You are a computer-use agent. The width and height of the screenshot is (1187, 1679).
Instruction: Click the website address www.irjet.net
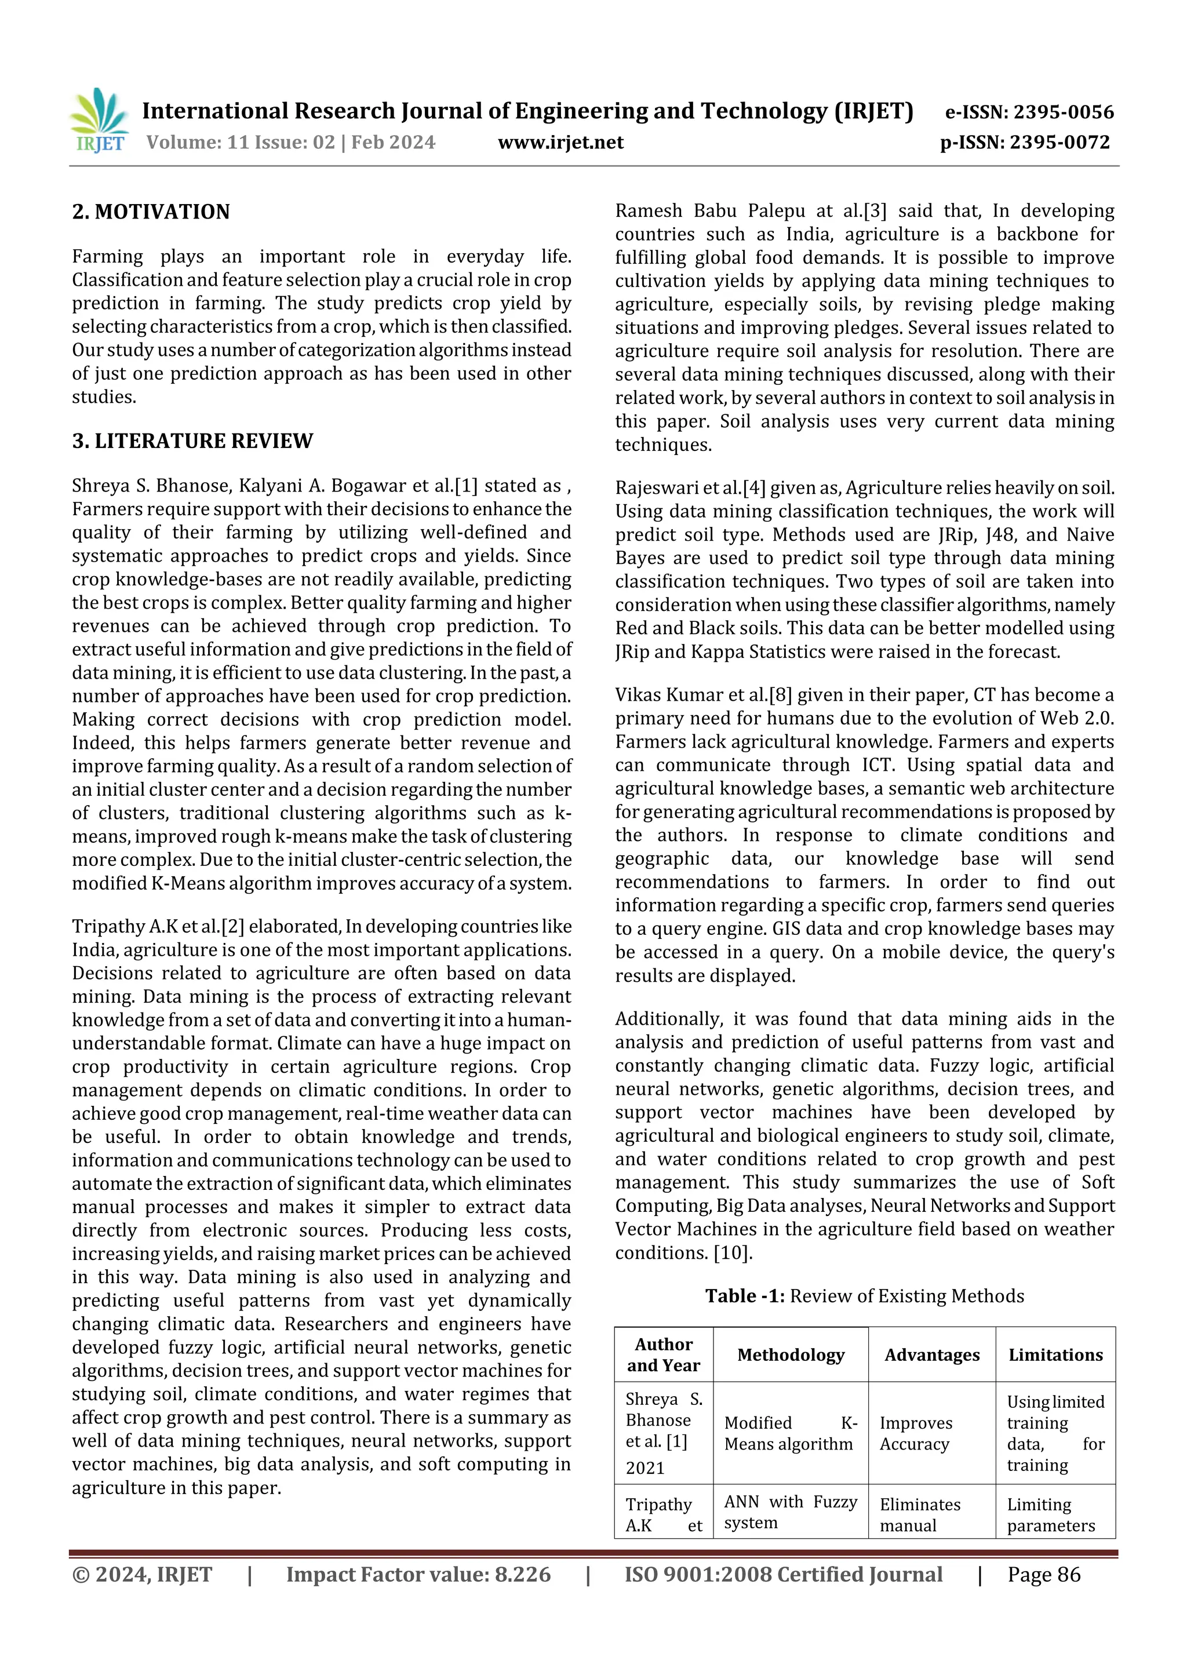click(x=560, y=142)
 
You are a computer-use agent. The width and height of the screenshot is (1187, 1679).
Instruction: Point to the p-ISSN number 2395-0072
click(x=1059, y=142)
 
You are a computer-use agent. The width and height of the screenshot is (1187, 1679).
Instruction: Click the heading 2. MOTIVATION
click(x=151, y=212)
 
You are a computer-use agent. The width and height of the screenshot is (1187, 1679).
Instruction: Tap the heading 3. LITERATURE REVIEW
click(x=192, y=441)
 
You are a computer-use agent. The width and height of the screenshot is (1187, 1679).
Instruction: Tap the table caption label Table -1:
click(x=745, y=1296)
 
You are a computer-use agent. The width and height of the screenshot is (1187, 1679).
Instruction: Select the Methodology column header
click(x=791, y=1355)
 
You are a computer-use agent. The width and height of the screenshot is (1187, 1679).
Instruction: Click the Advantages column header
click(x=932, y=1355)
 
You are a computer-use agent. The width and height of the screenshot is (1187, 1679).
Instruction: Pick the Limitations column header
click(x=1055, y=1355)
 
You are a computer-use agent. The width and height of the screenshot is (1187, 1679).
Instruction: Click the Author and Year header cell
click(x=664, y=1355)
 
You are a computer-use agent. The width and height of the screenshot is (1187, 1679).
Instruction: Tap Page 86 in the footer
click(x=1044, y=1575)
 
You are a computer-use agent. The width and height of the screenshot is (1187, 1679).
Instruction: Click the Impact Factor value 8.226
click(x=522, y=1575)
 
